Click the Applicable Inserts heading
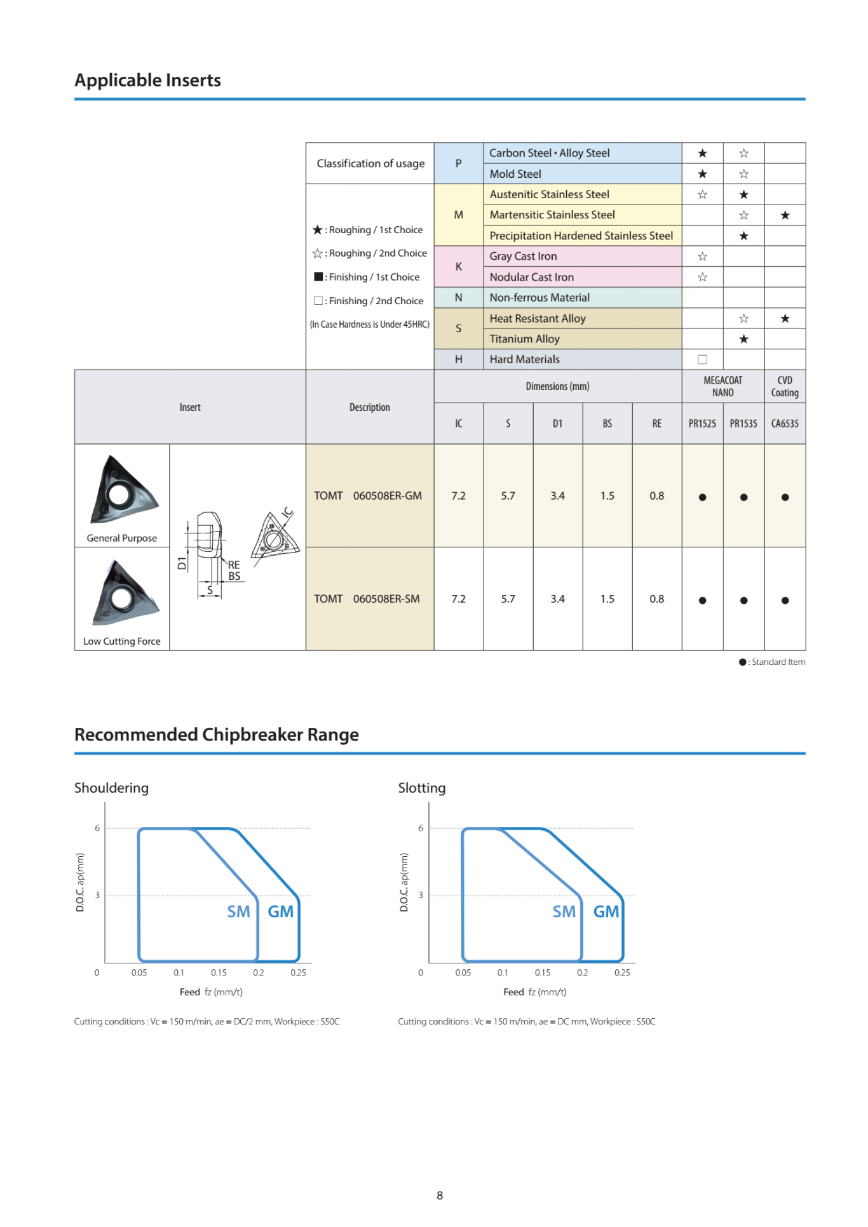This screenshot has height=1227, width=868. pyautogui.click(x=147, y=81)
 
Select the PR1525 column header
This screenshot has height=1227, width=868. pyautogui.click(x=702, y=424)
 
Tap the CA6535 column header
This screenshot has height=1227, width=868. pyautogui.click(x=785, y=424)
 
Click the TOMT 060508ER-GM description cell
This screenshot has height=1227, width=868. pyautogui.click(x=368, y=496)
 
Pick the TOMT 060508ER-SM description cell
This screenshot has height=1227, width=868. pyautogui.click(x=367, y=599)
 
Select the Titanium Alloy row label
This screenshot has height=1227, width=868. pyautogui.click(x=524, y=339)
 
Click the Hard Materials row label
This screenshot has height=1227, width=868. pyautogui.click(x=524, y=359)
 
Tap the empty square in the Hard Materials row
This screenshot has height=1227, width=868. pyautogui.click(x=702, y=359)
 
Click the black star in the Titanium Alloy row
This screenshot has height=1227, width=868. pyautogui.click(x=743, y=339)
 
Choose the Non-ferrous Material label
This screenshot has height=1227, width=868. pyautogui.click(x=539, y=298)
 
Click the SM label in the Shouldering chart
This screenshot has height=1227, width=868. pyautogui.click(x=238, y=912)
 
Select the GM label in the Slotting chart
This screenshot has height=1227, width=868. pyautogui.click(x=606, y=912)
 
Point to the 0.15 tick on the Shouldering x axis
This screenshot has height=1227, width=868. pyautogui.click(x=219, y=972)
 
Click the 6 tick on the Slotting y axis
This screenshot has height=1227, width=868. pyautogui.click(x=421, y=828)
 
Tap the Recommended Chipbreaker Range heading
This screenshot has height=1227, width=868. pyautogui.click(x=216, y=735)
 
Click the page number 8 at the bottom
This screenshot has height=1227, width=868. pyautogui.click(x=440, y=1195)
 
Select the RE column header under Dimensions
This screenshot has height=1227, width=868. pyautogui.click(x=656, y=424)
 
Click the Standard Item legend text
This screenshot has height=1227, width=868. pyautogui.click(x=778, y=662)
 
